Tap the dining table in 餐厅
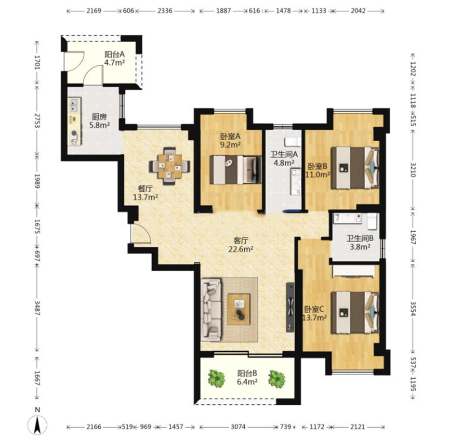coord(170,166)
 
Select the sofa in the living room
coord(211,310)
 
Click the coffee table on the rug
coord(239,309)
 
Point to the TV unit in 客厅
coord(291,307)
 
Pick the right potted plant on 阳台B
coord(277,378)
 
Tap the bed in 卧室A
coord(235,170)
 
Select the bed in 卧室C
coord(355,313)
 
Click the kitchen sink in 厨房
coord(74,105)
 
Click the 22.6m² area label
coord(241,249)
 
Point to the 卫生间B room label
coord(360,239)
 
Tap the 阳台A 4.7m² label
coord(114,58)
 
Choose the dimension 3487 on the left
coord(37,308)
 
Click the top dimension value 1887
coord(223,11)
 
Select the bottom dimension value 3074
coord(238,427)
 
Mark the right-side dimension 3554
coord(413,308)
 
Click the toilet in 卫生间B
coord(372,221)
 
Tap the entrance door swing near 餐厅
coord(141,234)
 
